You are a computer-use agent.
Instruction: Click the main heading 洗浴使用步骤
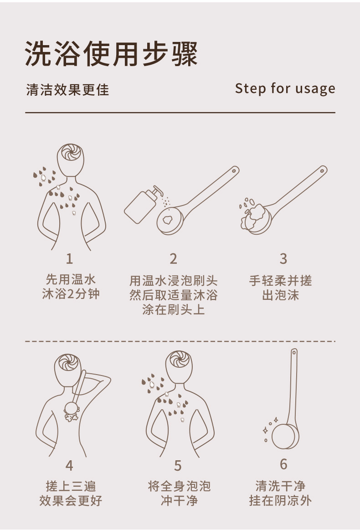point(111,54)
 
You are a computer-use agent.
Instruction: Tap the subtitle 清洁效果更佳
point(67,90)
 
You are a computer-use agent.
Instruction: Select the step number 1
point(69,258)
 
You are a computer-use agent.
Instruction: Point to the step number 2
point(173,258)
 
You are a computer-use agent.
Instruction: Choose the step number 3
point(283,258)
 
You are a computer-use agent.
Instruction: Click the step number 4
point(69,465)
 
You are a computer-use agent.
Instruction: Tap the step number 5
point(178,466)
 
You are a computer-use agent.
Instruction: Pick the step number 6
point(283,464)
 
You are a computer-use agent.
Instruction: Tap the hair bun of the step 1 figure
point(70,153)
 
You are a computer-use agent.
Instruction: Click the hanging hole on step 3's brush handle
point(322,171)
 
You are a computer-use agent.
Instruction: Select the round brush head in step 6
point(285,434)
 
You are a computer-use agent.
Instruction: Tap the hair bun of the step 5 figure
point(179,359)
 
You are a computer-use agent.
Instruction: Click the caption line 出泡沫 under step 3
point(280,295)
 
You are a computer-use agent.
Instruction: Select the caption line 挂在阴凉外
point(280,500)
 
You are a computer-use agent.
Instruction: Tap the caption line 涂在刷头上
point(173,309)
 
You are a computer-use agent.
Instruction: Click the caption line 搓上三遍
point(71,486)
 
